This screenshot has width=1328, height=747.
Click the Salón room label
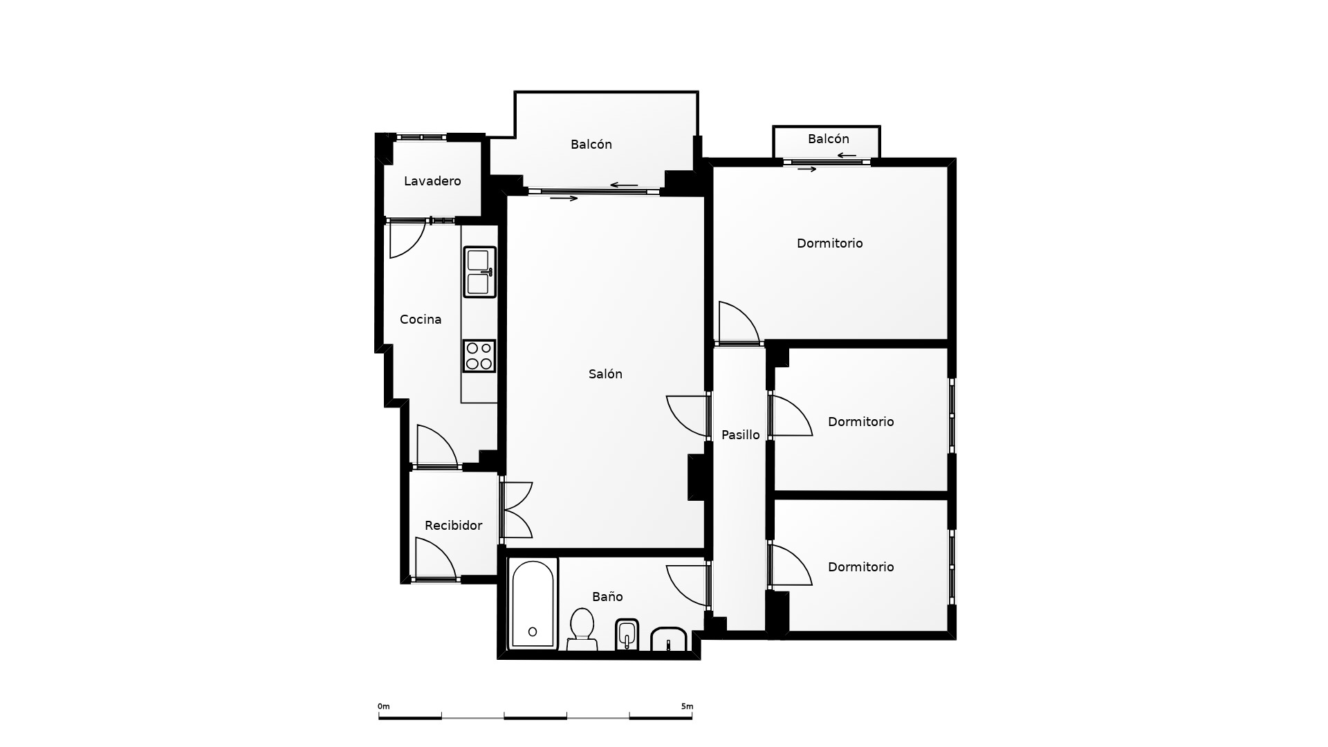(605, 374)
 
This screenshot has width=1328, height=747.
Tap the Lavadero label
(432, 181)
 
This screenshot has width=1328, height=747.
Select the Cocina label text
(421, 320)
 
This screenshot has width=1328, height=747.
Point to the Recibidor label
(453, 526)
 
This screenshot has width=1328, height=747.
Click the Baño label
(607, 596)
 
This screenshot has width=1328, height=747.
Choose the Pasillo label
(740, 435)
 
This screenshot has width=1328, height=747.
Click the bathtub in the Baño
(533, 604)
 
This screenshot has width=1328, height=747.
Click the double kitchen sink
(480, 272)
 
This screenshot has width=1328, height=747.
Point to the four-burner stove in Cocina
(479, 356)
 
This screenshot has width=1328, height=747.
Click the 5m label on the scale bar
(687, 706)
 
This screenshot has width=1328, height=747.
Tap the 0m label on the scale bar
(384, 706)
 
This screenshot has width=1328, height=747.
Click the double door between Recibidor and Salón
(516, 510)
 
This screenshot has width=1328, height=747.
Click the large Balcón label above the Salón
(591, 145)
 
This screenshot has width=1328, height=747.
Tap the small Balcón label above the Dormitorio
(829, 139)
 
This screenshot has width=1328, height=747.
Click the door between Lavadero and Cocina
(407, 239)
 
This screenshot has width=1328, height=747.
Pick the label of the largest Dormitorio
(830, 243)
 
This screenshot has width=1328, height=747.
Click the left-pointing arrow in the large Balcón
(624, 185)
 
